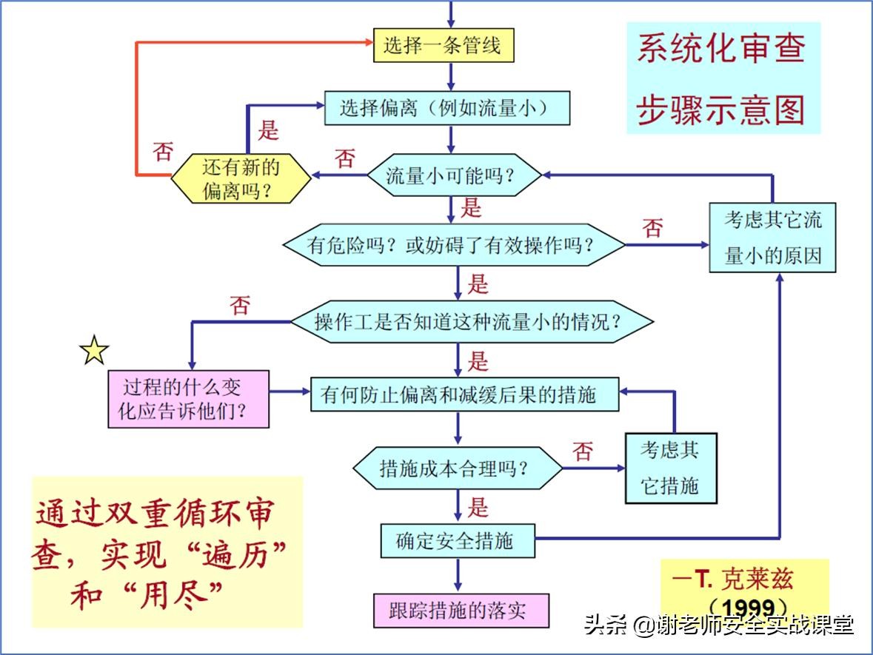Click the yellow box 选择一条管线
pyautogui.click(x=443, y=46)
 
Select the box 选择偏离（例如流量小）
pyautogui.click(x=447, y=109)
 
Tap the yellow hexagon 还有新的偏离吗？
pyautogui.click(x=241, y=178)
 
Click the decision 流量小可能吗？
pyautogui.click(x=451, y=175)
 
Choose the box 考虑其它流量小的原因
pyautogui.click(x=772, y=238)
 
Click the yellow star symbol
pyautogui.click(x=95, y=350)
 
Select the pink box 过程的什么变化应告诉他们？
pyautogui.click(x=188, y=399)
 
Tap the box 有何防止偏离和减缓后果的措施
pyautogui.click(x=464, y=394)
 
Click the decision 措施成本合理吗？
pyautogui.click(x=457, y=468)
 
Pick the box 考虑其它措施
pyautogui.click(x=671, y=468)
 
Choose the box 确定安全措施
pyautogui.click(x=455, y=541)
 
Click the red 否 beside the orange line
pyautogui.click(x=163, y=152)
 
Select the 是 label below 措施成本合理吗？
pyautogui.click(x=478, y=507)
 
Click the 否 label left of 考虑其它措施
pyautogui.click(x=583, y=451)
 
